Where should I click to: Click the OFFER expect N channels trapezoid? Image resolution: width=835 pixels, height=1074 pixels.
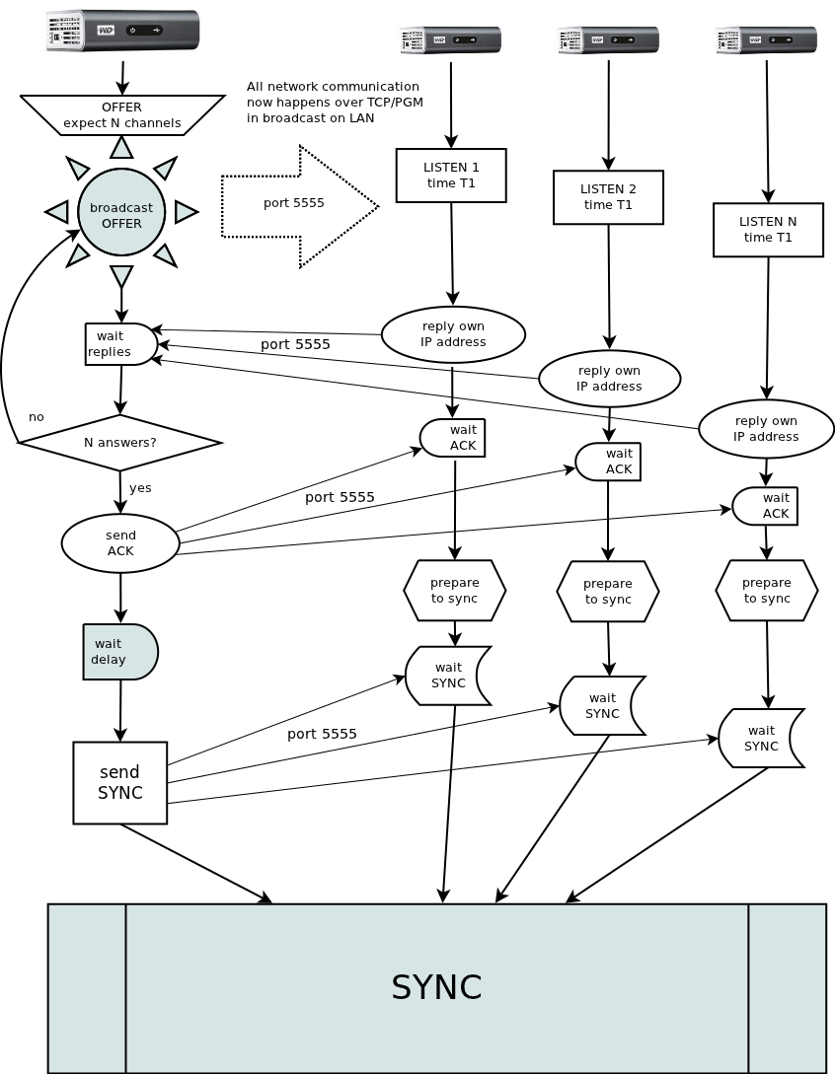tap(121, 114)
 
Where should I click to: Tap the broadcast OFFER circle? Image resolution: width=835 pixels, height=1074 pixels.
tap(121, 214)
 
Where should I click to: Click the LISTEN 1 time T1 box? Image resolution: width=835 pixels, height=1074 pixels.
tap(451, 176)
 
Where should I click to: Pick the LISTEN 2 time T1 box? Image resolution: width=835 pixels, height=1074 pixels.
tap(608, 197)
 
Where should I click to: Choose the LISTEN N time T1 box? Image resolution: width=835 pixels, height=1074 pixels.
tap(768, 230)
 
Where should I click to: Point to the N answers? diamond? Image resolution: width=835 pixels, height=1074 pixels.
tap(120, 443)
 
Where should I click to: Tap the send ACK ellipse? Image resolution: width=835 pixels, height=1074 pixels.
tap(120, 543)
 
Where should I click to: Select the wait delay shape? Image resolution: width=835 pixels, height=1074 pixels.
tap(119, 652)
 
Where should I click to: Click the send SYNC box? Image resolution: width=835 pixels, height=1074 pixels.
tap(120, 783)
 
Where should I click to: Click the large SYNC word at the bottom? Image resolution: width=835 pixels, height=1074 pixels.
tap(436, 987)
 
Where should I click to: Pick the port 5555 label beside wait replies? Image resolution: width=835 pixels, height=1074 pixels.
tap(295, 344)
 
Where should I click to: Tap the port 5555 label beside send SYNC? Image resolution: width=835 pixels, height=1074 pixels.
tap(322, 734)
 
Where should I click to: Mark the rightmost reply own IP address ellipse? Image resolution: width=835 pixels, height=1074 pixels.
tap(766, 429)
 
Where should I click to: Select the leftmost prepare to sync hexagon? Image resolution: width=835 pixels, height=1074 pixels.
tap(455, 591)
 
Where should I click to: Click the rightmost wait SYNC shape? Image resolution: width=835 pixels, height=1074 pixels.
tap(760, 738)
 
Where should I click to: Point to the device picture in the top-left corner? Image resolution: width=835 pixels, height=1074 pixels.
tap(122, 32)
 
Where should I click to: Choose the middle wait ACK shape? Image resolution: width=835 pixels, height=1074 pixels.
tap(609, 462)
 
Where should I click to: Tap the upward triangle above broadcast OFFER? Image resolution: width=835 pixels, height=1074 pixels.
tap(121, 148)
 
